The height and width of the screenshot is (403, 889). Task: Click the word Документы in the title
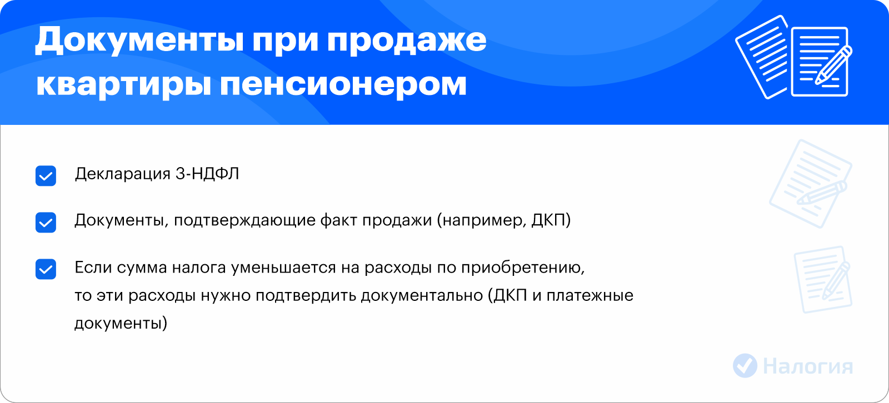point(139,41)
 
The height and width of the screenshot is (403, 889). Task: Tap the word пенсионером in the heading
point(343,85)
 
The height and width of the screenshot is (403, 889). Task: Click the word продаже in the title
point(407,41)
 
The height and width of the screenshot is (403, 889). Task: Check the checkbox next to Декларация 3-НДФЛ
point(46,176)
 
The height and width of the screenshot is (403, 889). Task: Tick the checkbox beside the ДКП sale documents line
point(46,222)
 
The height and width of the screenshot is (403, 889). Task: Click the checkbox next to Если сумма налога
point(46,269)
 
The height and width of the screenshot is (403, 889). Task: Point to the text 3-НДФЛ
point(207,174)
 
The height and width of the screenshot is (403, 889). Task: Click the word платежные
point(590,296)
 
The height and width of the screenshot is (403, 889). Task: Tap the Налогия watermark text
point(808,366)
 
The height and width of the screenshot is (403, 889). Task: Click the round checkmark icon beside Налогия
point(745,366)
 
